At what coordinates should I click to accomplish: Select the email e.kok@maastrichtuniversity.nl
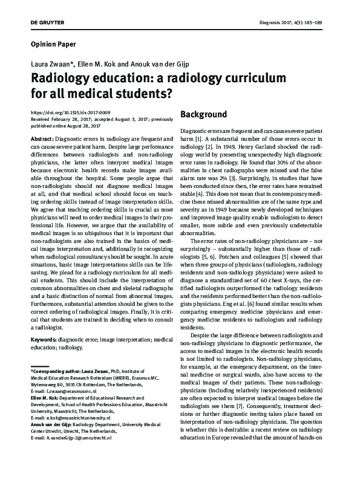(75, 418)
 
